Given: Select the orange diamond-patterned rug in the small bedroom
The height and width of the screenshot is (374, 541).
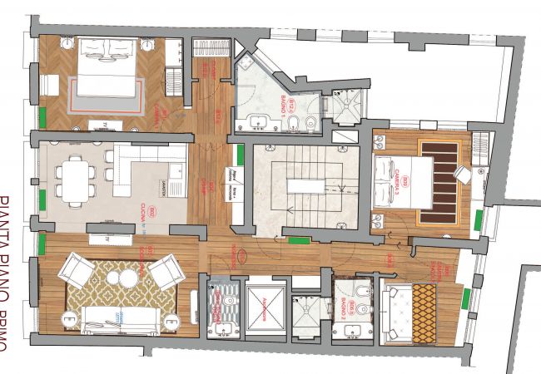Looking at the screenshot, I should tap(423, 315).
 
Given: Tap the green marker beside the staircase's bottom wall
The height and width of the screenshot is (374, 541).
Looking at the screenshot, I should tap(300, 241).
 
